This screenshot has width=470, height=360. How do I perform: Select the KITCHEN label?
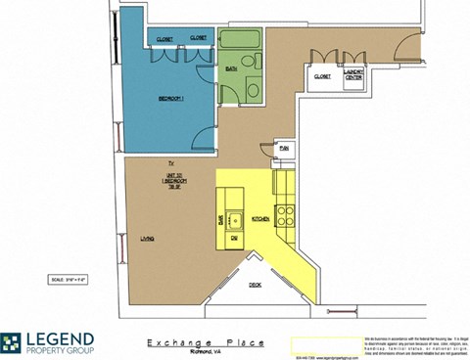click(x=260, y=218)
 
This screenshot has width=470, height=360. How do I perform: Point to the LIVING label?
click(x=147, y=238)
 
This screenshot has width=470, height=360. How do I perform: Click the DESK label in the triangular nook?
click(x=254, y=285)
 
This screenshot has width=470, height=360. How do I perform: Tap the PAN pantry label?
click(x=284, y=148)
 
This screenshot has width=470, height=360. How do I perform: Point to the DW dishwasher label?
click(x=235, y=238)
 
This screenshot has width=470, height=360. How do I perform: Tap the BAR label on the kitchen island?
click(x=221, y=219)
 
